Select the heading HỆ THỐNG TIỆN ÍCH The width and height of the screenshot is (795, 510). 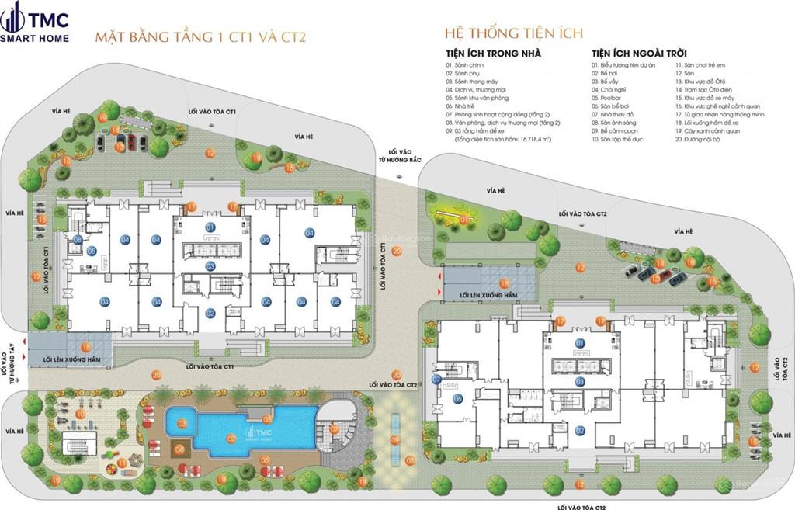pyautogui.click(x=513, y=33)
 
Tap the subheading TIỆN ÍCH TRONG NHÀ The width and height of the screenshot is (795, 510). pyautogui.click(x=493, y=54)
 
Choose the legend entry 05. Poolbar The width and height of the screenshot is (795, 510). pyautogui.click(x=609, y=99)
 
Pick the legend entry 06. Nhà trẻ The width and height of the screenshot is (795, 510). pyautogui.click(x=463, y=107)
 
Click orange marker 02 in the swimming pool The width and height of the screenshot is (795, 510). pyautogui.click(x=231, y=438)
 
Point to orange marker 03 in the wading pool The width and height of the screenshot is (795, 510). pyautogui.click(x=182, y=424)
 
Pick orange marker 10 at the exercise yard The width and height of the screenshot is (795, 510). pyautogui.click(x=80, y=414)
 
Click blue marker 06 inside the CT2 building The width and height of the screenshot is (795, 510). pyautogui.click(x=457, y=399)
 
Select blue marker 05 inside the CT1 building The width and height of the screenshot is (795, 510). pyautogui.click(x=91, y=251)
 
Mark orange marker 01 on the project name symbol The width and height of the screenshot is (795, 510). pyautogui.click(x=464, y=220)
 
